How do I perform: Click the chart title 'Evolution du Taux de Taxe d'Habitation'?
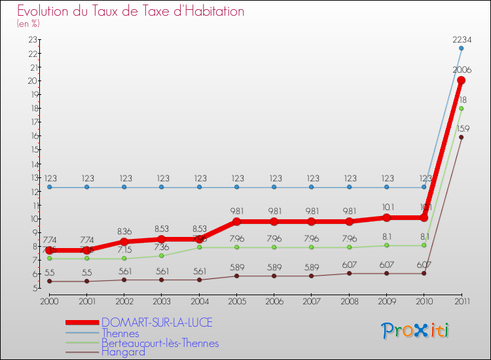[x=131, y=12]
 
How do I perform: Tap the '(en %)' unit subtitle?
[x=29, y=24]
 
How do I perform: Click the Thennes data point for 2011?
[x=461, y=48]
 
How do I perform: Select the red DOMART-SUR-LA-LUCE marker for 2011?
[x=461, y=80]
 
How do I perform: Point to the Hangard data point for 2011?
[x=461, y=137]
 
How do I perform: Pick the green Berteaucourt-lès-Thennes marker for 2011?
[x=461, y=108]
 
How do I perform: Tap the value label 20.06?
[x=462, y=70]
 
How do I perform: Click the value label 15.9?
[x=462, y=128]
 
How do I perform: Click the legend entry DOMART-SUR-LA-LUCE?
[x=157, y=323]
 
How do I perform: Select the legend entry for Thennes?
[x=121, y=333]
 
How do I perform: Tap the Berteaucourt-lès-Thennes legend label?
[x=160, y=343]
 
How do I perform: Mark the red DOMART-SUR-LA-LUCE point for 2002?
[x=124, y=242]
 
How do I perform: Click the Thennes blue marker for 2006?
[x=274, y=187]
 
